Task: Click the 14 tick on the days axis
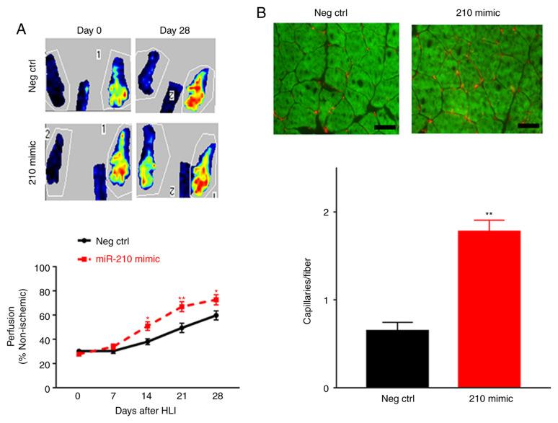(x=146, y=396)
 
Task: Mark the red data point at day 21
(x=182, y=307)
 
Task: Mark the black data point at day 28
(x=216, y=316)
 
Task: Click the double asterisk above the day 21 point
(x=182, y=297)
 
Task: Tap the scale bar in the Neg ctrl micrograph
(x=384, y=125)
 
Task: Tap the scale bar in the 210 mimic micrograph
(x=528, y=125)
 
